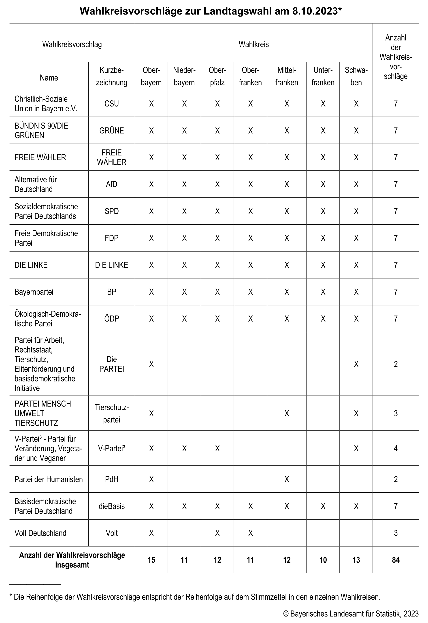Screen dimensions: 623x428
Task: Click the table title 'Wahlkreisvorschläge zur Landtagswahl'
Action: tap(211, 11)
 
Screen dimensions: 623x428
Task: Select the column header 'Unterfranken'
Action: tap(323, 76)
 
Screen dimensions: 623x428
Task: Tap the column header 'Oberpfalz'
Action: tap(217, 76)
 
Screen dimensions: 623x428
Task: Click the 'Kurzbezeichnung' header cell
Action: tap(112, 76)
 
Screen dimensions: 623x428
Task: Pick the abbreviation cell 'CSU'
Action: tap(112, 104)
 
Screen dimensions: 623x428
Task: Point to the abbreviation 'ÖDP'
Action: tap(112, 319)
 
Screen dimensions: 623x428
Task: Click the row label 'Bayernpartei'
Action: tap(34, 292)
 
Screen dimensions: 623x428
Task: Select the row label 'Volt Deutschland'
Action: tap(40, 533)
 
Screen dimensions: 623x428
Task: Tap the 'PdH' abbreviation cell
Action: tap(112, 479)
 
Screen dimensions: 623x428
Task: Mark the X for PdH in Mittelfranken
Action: tap(287, 479)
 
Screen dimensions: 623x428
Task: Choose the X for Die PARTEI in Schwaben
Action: tap(356, 364)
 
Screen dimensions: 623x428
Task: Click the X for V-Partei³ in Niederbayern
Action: tap(184, 449)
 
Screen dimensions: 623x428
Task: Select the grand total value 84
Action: tap(396, 560)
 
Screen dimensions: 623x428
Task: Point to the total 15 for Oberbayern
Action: tap(151, 560)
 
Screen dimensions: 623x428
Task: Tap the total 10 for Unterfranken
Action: tap(323, 560)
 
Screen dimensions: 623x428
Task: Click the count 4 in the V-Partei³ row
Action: tap(396, 449)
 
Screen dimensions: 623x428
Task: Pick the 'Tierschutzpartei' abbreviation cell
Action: tap(112, 413)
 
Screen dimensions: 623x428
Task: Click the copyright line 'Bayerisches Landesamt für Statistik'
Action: tap(351, 614)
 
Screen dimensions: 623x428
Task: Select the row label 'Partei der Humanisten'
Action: tap(49, 479)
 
